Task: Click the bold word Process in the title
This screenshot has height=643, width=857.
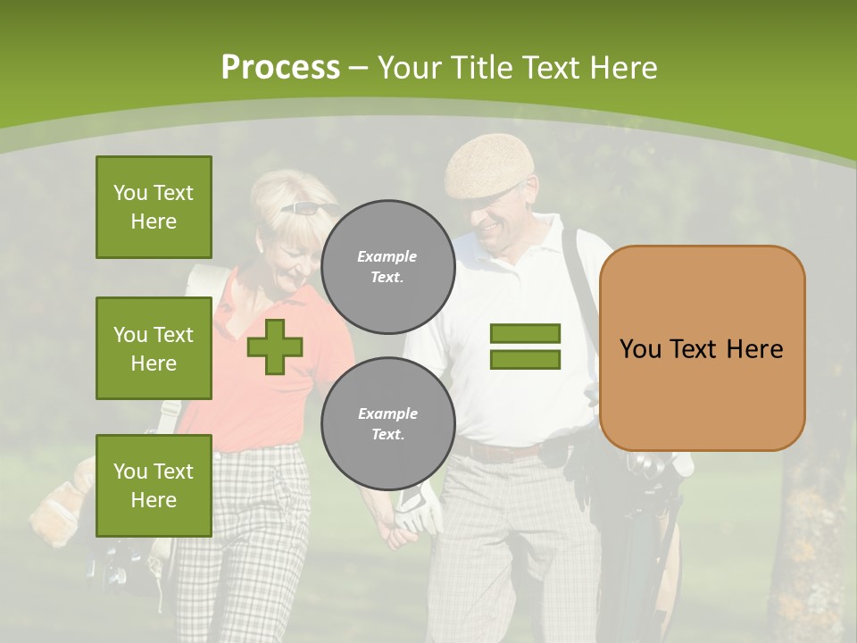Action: point(280,68)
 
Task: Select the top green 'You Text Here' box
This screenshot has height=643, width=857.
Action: point(154,207)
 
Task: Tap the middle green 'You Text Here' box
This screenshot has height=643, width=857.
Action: point(154,348)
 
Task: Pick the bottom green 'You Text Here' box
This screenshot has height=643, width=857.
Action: point(154,486)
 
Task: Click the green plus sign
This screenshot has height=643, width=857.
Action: point(275,347)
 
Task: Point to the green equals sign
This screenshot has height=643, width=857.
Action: point(525,347)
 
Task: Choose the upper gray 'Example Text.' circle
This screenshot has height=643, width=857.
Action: point(387,267)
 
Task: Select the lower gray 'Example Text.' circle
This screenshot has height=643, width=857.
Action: point(387,424)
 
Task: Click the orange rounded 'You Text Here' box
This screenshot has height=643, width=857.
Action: point(702,348)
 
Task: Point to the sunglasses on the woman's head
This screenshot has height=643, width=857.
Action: point(308,208)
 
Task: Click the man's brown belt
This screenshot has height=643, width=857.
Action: point(500,452)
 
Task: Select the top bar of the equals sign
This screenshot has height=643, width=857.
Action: point(525,333)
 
